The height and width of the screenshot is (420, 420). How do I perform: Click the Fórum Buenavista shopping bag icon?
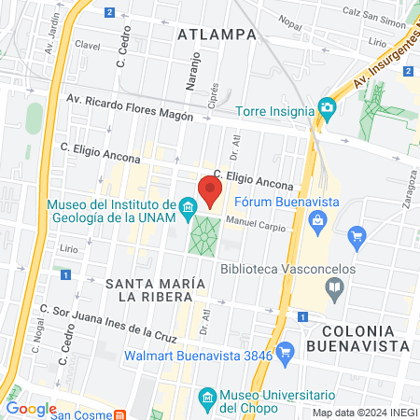[x=318, y=219]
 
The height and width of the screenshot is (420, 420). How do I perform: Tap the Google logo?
[x=31, y=408]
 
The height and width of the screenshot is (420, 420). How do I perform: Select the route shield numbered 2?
[x=109, y=12]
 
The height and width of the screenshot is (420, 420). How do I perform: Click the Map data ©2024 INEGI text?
[x=363, y=413]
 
